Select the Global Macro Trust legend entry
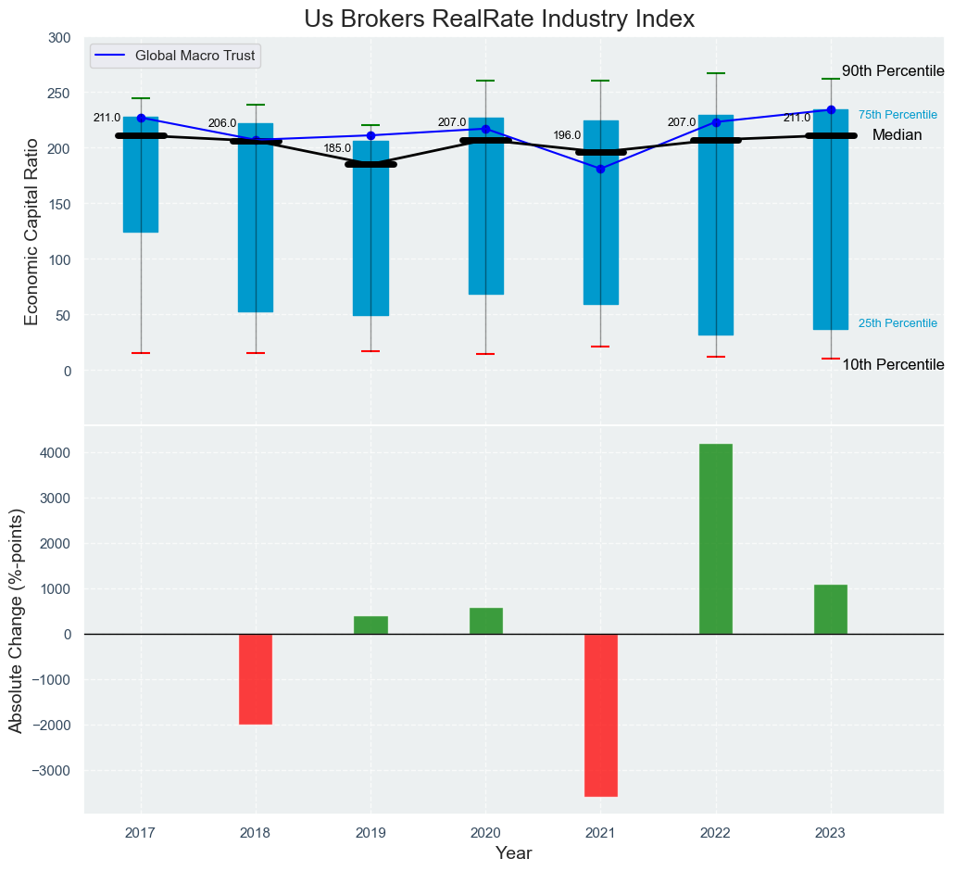pos(196,56)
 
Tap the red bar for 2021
pos(600,714)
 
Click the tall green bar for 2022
pos(715,538)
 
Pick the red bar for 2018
pos(256,678)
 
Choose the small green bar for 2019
pos(370,625)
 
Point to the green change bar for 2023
pos(830,609)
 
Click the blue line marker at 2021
pos(600,169)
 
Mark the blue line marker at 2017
pos(141,118)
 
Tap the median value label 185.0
pos(337,148)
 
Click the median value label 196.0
pos(567,135)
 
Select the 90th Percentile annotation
pos(893,71)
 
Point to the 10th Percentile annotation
pos(893,365)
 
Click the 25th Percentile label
pos(898,323)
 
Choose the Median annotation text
pos(897,135)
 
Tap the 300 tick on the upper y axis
pos(58,38)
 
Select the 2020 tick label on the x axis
pos(485,832)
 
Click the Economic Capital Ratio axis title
pos(31,231)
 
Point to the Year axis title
pos(513,853)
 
